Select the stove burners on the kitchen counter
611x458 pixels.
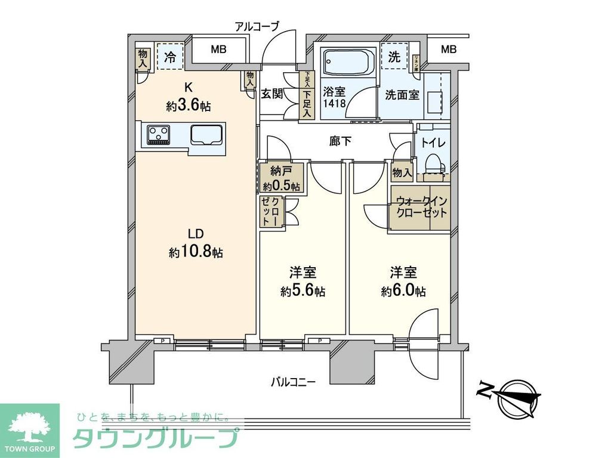click(158, 134)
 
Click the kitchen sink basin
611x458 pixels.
click(206, 135)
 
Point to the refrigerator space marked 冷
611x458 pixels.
click(170, 57)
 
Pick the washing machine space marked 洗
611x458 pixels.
click(394, 58)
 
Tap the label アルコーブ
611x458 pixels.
click(257, 26)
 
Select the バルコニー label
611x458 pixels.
click(292, 380)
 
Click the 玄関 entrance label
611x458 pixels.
click(272, 94)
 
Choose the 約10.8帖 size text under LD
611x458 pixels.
click(196, 253)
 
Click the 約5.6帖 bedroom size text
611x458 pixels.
click(303, 292)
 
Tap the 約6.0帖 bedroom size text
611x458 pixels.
click(403, 292)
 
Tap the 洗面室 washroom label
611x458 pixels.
click(402, 94)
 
